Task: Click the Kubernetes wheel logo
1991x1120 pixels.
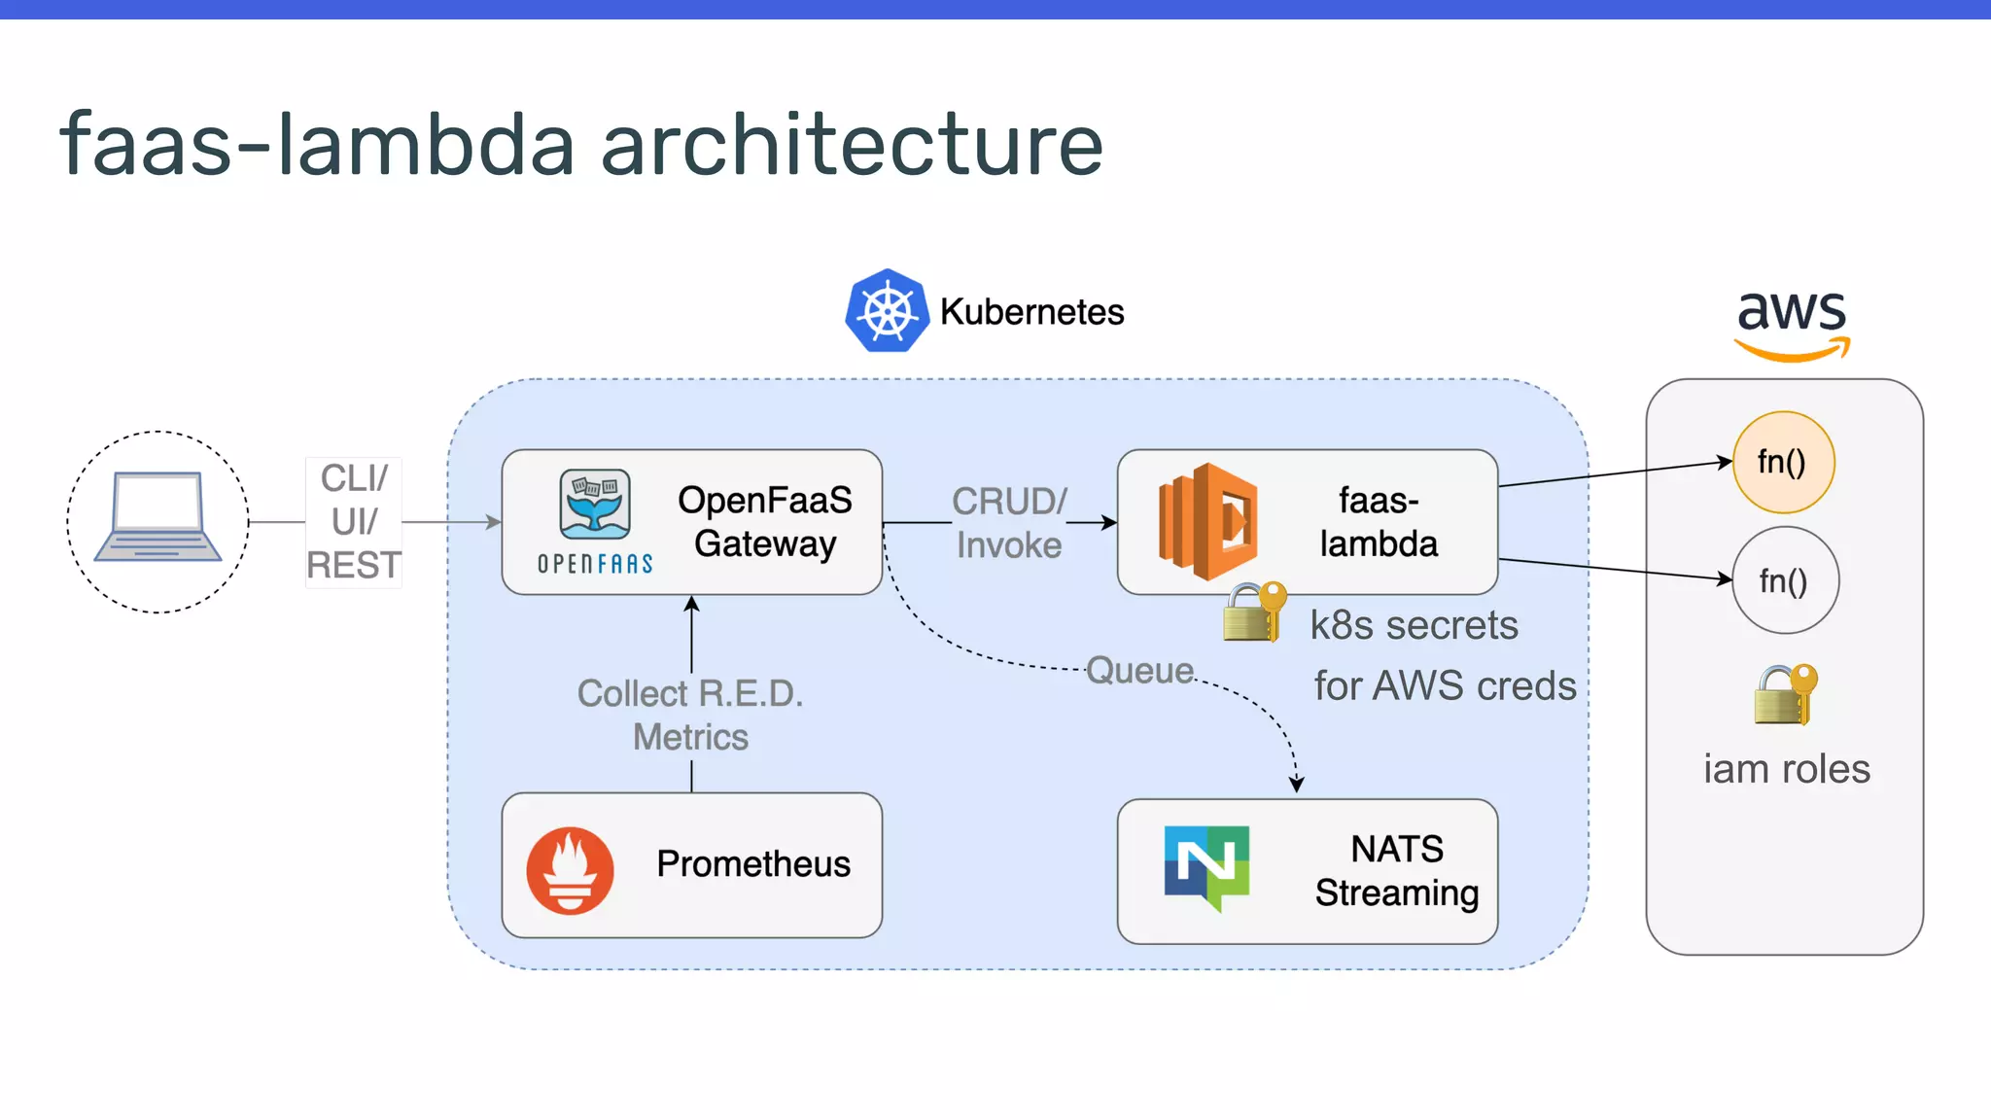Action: tap(887, 311)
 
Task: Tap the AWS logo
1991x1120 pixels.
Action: tap(1792, 324)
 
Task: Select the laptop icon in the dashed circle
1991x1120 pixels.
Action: tap(157, 517)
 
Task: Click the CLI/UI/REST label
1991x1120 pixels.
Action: tap(354, 522)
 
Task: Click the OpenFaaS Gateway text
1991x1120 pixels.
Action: tap(765, 522)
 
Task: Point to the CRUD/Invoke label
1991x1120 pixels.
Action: tap(1009, 523)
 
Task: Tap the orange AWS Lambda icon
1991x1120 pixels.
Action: tap(1206, 522)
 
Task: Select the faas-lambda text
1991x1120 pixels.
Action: tap(1379, 522)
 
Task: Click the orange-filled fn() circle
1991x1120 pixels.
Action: tap(1783, 462)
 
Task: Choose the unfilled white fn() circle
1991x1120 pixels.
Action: tap(1785, 580)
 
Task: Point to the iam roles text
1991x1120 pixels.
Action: tap(1786, 769)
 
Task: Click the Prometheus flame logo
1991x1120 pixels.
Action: tap(570, 869)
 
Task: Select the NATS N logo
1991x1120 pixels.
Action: tap(1206, 866)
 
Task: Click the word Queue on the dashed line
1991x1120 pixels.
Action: tap(1139, 670)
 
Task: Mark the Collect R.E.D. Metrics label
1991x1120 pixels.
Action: tap(690, 715)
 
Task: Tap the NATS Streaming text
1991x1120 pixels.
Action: tap(1397, 870)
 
